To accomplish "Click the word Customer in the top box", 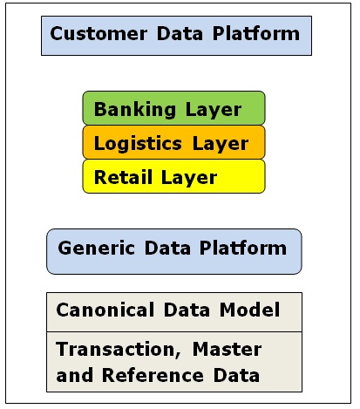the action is coord(98,34).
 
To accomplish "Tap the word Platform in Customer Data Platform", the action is coord(256,33).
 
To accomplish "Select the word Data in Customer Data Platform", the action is coord(180,34).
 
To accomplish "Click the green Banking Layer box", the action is coord(173,108).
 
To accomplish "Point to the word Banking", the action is coord(135,110).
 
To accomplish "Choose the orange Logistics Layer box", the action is coord(173,142).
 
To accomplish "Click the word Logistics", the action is coord(138,144).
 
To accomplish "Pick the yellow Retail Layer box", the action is coord(173,176).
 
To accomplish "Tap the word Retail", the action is coord(123,177).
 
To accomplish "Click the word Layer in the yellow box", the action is coord(189,178).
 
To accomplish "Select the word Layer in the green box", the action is coord(214,110).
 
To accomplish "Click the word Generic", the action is coord(97,248).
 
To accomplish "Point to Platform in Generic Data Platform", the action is coord(243,248).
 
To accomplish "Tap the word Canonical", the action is coord(105,310).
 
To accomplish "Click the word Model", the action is coord(250,310).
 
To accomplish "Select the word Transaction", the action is coord(119,350).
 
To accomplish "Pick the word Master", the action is coord(227,349).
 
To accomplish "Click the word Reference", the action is coord(153,375).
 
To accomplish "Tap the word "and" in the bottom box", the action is coord(75,375).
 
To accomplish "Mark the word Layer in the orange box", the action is coord(221,144).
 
